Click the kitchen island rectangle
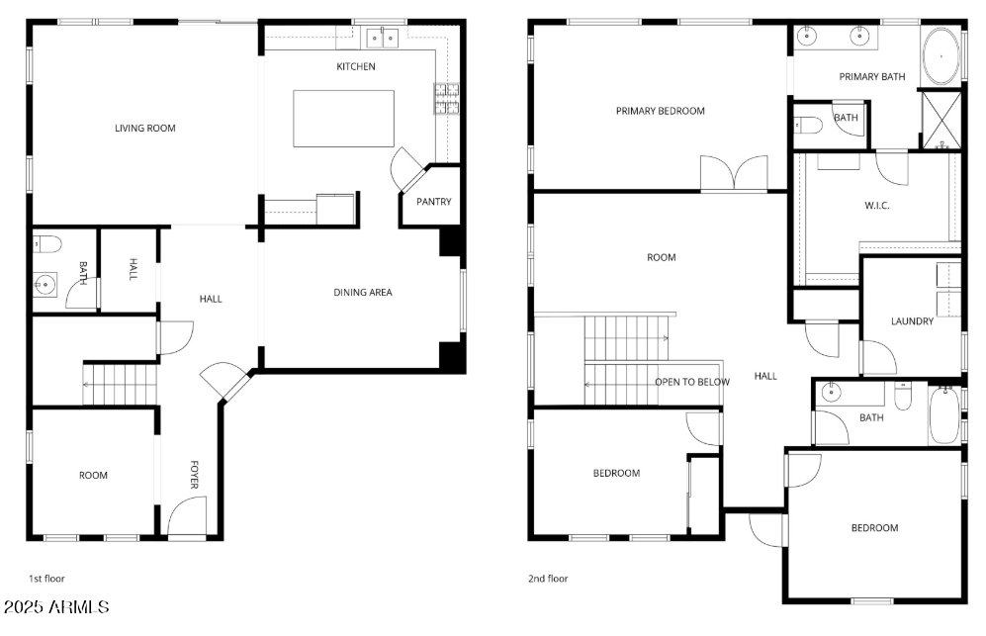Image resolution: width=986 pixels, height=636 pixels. click(x=343, y=119)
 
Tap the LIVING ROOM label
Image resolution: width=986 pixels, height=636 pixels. click(x=144, y=128)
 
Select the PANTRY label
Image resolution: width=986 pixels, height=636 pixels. click(x=433, y=202)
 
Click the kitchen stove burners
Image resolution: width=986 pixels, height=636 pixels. click(x=447, y=100)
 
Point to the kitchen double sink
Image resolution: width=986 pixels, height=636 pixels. click(x=382, y=39)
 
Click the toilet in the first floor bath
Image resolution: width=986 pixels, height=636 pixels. click(x=48, y=243)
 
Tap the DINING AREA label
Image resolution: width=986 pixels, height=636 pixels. click(x=362, y=292)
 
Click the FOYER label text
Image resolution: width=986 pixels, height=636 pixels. click(x=194, y=475)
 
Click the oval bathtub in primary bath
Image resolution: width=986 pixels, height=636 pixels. click(x=941, y=57)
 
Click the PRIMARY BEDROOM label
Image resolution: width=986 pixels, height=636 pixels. click(x=660, y=111)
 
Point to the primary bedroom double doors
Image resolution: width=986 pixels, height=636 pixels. click(x=733, y=174)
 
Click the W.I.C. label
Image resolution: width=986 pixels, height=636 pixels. click(x=878, y=207)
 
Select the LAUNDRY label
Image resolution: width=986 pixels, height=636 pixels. click(x=912, y=320)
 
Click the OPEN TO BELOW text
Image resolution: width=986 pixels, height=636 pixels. click(x=692, y=382)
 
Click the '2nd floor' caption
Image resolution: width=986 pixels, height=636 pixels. click(x=548, y=579)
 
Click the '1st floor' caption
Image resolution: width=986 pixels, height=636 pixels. click(x=46, y=578)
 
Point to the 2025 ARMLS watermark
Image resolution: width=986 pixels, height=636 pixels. click(x=55, y=605)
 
